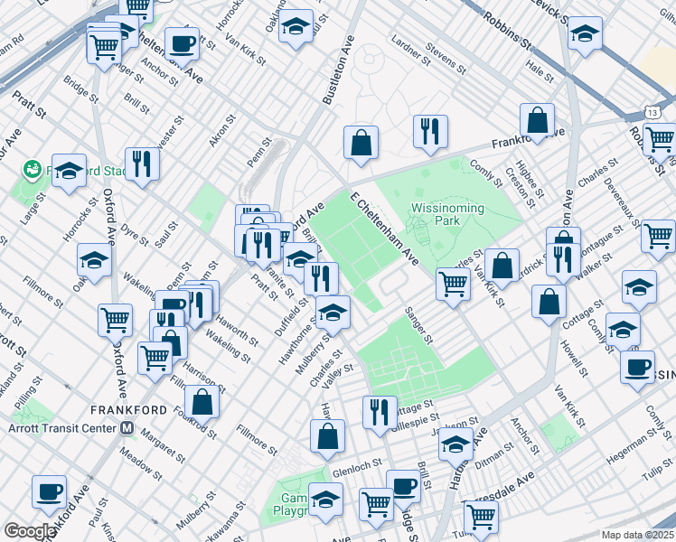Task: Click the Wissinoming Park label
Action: tap(447, 214)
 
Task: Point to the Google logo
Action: tap(30, 530)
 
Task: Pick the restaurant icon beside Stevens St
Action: tap(430, 132)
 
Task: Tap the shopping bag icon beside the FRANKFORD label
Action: tap(203, 401)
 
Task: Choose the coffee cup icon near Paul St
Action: tap(48, 492)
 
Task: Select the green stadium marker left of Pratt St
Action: tap(33, 169)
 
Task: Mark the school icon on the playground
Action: tap(325, 500)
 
